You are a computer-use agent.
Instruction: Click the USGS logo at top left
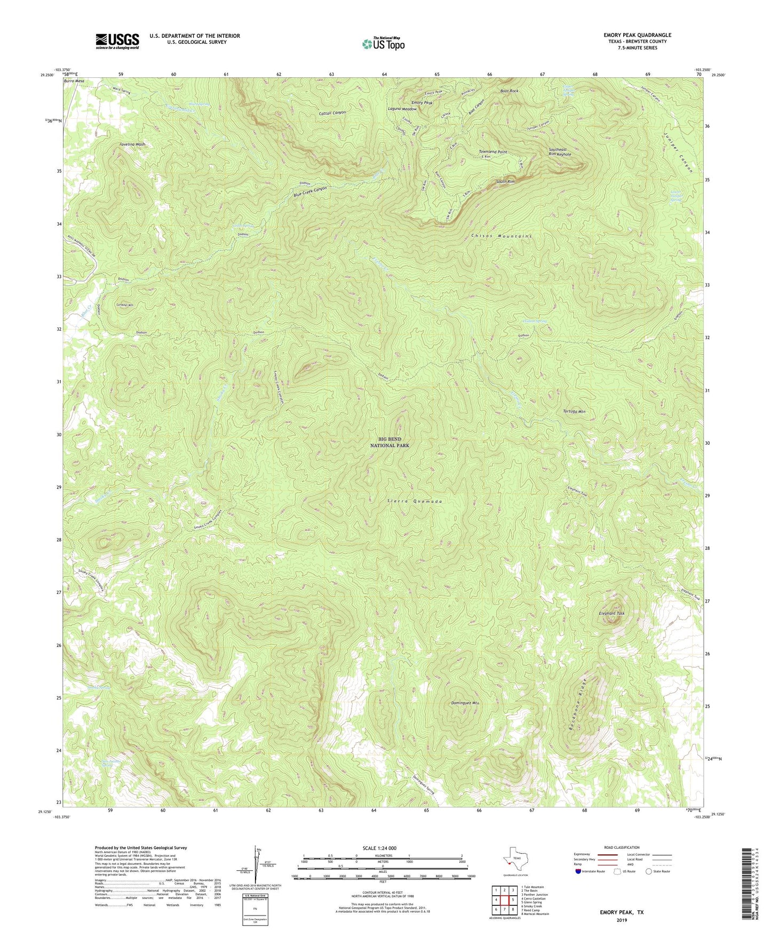point(117,41)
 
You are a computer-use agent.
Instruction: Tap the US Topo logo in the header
point(383,44)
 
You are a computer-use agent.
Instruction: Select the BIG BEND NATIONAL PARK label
point(390,442)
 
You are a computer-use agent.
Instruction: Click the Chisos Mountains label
point(502,235)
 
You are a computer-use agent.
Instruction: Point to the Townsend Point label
point(492,152)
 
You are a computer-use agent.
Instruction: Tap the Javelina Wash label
point(132,145)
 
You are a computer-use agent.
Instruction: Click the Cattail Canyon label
point(332,113)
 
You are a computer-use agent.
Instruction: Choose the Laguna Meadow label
point(402,109)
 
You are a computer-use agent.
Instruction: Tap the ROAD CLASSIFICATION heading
point(622,847)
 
